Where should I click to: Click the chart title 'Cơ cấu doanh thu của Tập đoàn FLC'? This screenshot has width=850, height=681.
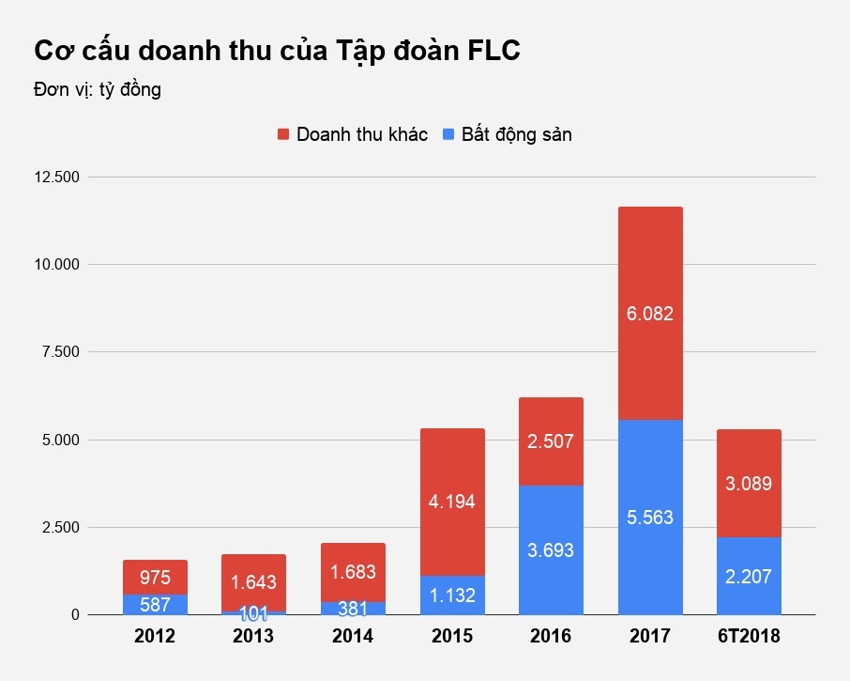pos(277,51)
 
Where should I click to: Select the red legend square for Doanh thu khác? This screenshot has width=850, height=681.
pos(284,134)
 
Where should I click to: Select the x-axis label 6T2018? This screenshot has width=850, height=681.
pos(749,637)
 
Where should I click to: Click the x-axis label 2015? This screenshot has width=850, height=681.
pos(452,637)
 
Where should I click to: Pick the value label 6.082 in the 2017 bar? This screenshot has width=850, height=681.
pos(650,314)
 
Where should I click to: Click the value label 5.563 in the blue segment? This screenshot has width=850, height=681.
pos(650,518)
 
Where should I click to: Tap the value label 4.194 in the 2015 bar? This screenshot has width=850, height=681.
pos(452,502)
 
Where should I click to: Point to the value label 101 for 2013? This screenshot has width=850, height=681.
pos(254,613)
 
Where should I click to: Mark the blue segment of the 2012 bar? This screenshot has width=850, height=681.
pos(156,605)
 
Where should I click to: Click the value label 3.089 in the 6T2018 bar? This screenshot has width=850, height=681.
pos(749,484)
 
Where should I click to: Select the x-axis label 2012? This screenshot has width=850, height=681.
pos(156,637)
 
